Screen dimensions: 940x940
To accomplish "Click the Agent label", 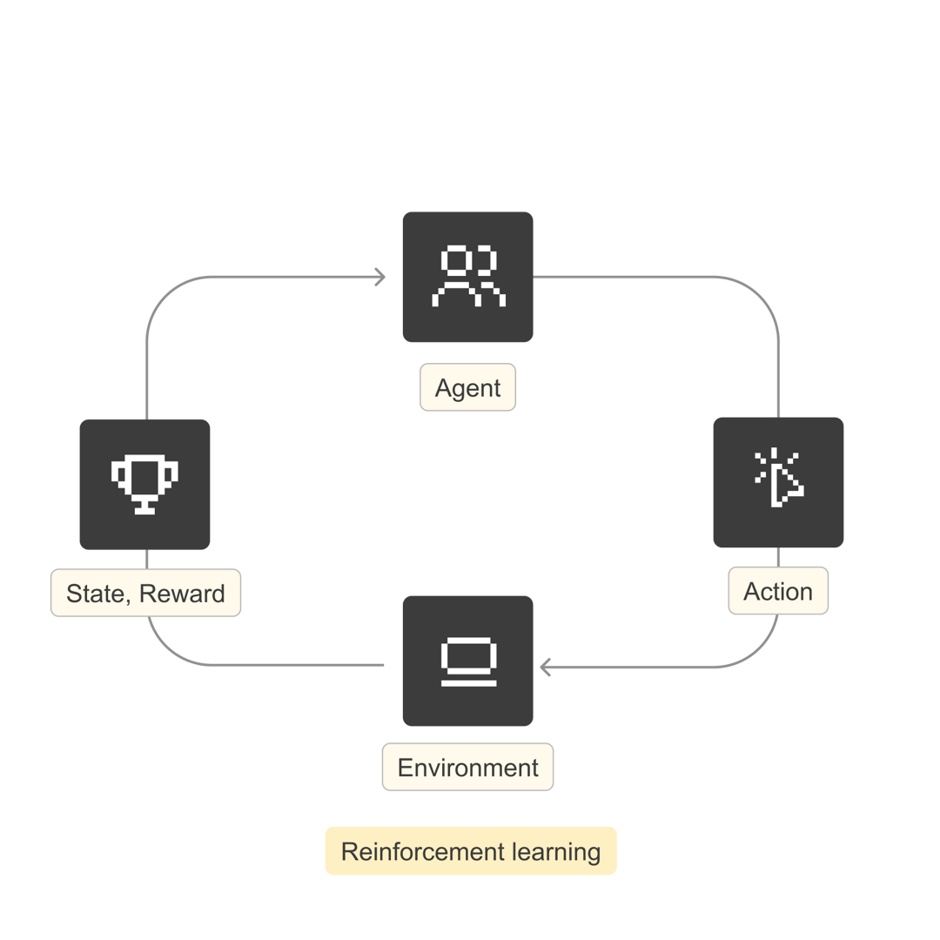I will pos(467,387).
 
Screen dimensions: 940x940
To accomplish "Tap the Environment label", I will pos(467,768).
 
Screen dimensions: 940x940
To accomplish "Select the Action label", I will pos(778,592).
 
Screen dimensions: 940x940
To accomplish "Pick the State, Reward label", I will pos(145,594).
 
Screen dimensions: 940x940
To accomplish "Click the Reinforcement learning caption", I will pos(470,851).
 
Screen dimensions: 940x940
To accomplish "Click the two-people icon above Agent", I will pos(467,277).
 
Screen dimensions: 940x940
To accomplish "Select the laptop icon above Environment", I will pos(467,663).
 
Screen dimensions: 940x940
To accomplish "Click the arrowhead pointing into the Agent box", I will pos(380,278).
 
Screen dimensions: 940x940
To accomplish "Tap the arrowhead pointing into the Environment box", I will pos(546,668).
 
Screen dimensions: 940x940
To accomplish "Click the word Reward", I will pos(183,594).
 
